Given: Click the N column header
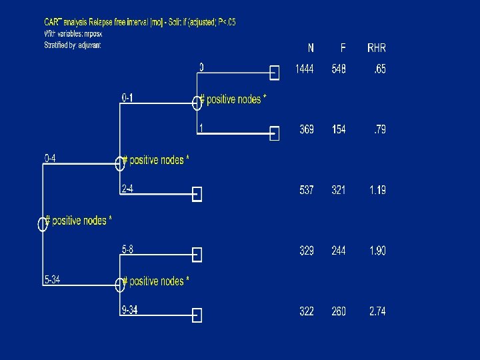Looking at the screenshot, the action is point(311,48).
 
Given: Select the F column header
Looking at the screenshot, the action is point(343,48).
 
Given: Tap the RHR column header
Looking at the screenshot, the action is point(376,48).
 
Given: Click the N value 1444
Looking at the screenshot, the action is point(305,69).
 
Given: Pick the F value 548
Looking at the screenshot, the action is point(339,69).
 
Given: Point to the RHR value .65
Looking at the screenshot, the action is point(379,69).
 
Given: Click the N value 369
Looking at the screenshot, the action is point(307,129).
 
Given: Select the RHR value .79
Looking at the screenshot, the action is point(379,129).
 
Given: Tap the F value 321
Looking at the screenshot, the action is point(339,190).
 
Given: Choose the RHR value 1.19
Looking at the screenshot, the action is point(377,190).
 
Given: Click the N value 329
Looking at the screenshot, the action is point(307,251).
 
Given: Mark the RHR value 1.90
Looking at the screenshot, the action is point(377,251).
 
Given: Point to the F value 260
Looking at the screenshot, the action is point(339,311).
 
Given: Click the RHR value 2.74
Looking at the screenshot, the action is point(377,311).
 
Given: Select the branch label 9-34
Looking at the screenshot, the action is point(129,310).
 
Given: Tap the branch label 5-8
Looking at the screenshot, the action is point(127,250).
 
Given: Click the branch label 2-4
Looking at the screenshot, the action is point(127,189).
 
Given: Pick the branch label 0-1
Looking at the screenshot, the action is point(127,98).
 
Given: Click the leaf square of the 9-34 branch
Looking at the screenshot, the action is point(197,315).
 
